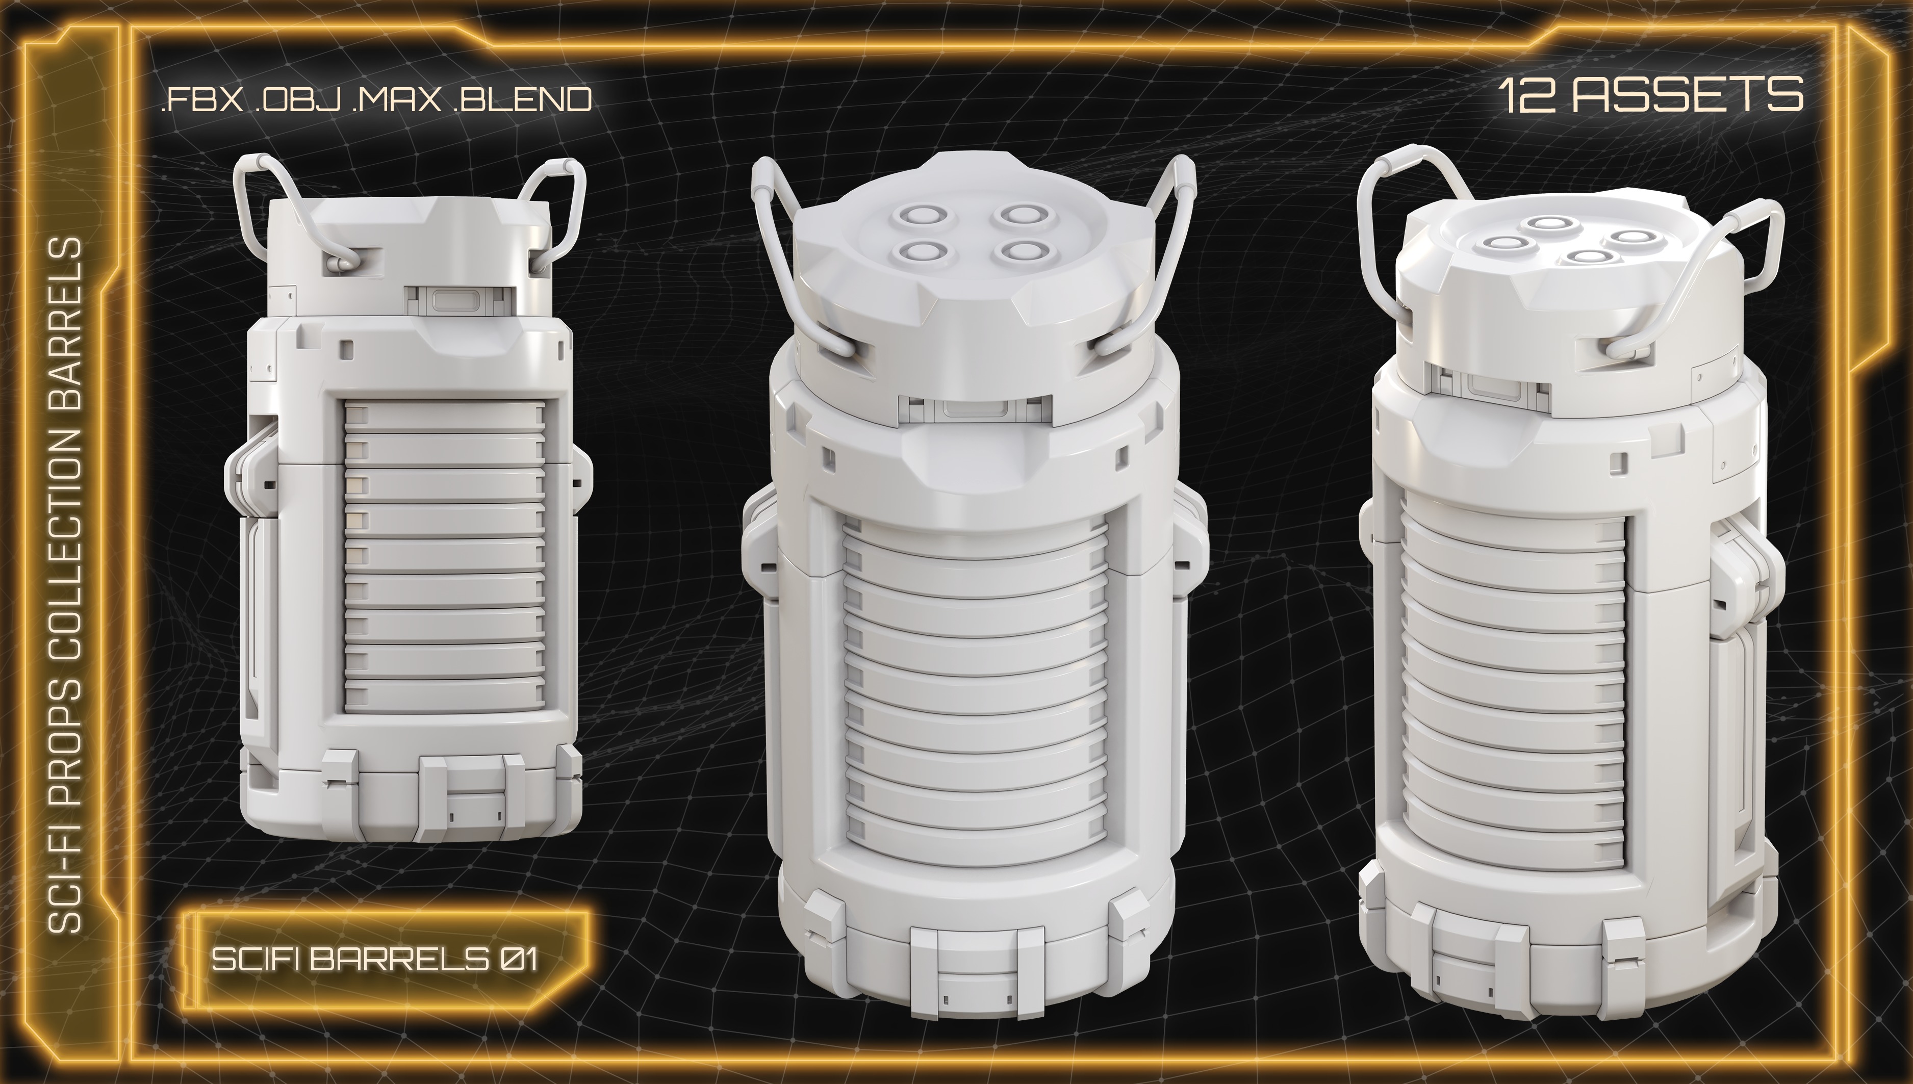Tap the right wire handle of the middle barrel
click(1162, 246)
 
